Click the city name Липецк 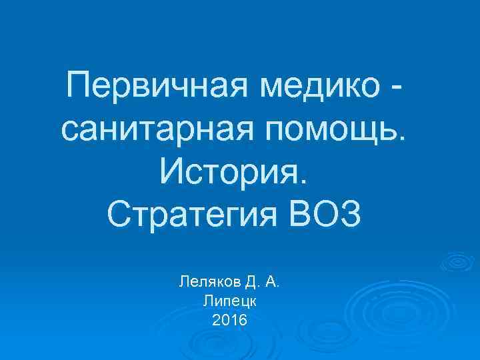point(229,301)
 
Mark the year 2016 point(229,321)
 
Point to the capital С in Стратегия point(119,215)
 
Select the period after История point(305,181)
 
